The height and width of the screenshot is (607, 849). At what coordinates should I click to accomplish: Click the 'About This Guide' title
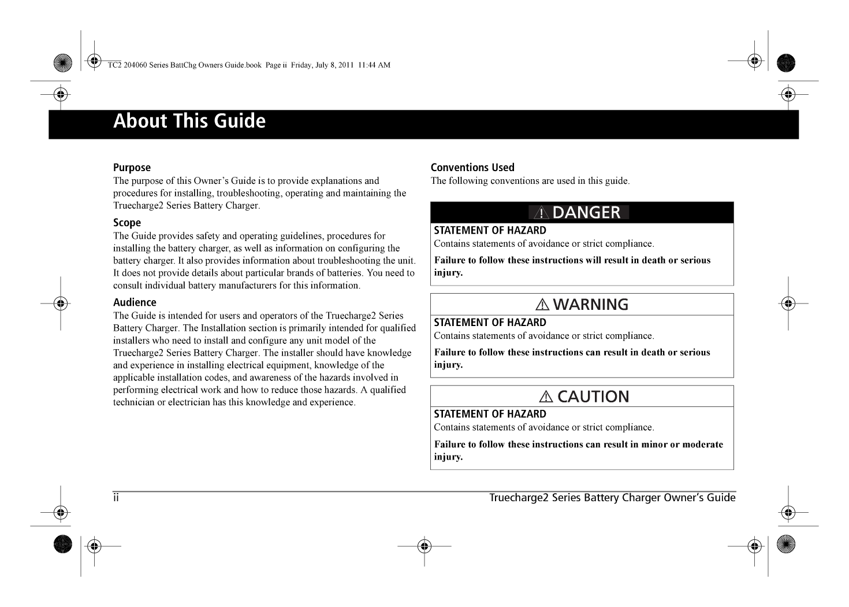(189, 121)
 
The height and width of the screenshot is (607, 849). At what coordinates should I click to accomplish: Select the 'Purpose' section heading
(132, 168)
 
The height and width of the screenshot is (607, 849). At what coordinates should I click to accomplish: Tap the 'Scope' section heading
(127, 223)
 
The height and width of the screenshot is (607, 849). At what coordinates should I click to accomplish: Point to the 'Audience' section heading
(135, 302)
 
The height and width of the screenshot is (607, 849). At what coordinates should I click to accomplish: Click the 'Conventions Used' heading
(472, 168)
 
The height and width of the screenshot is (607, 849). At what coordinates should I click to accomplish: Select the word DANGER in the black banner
(586, 213)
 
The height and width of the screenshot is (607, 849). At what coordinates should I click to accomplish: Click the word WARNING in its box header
(590, 305)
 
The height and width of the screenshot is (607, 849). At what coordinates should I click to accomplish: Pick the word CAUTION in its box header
(593, 397)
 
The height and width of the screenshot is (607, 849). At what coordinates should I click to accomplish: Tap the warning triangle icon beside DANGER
(541, 213)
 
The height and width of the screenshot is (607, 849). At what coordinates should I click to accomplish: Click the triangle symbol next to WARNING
(543, 305)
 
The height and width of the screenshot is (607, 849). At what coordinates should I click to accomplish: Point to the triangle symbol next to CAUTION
(546, 397)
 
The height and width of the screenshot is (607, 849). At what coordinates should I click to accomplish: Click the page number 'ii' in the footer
(116, 498)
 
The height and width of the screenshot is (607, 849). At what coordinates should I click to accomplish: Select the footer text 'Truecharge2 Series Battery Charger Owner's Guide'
(612, 498)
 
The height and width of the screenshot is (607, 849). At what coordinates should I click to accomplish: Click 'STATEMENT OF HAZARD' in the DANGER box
(490, 231)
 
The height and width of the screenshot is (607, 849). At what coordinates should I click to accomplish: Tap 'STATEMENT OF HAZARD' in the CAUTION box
(490, 414)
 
